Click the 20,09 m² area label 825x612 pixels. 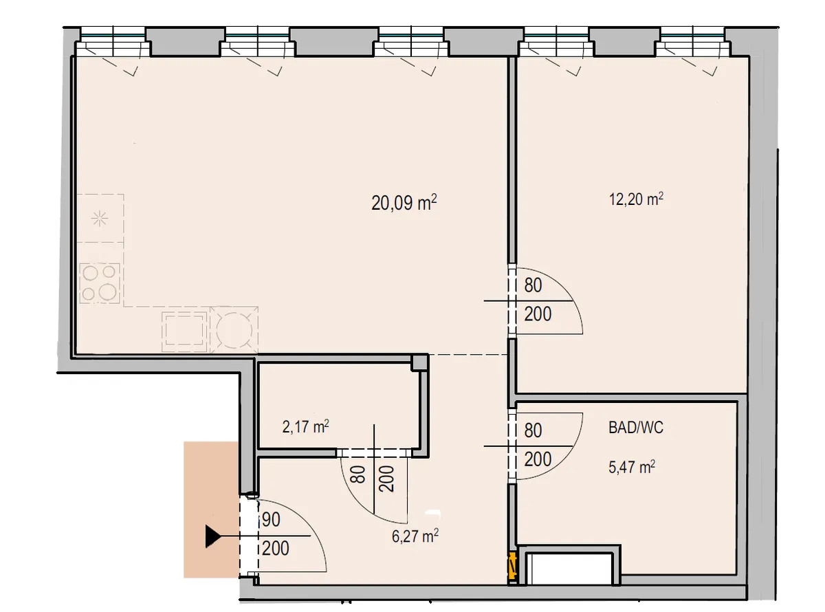[404, 203]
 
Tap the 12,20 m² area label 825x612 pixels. [636, 199]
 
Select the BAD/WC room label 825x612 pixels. [636, 428]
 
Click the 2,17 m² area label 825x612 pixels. [305, 427]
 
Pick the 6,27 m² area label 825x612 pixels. [415, 536]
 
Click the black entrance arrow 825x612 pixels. [213, 536]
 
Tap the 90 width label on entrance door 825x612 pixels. [271, 520]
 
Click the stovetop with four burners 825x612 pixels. [99, 283]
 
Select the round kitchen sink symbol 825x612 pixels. [234, 330]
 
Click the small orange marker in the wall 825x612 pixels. [513, 566]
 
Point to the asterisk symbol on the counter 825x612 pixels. [100, 219]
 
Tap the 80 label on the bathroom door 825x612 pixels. [533, 430]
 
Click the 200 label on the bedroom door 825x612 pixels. [538, 314]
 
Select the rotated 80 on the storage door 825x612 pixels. [358, 474]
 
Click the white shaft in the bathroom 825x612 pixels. [569, 569]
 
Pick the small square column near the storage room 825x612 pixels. [419, 362]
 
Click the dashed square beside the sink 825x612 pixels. [184, 331]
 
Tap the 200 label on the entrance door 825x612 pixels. [275, 548]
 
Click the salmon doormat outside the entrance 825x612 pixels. [211, 510]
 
